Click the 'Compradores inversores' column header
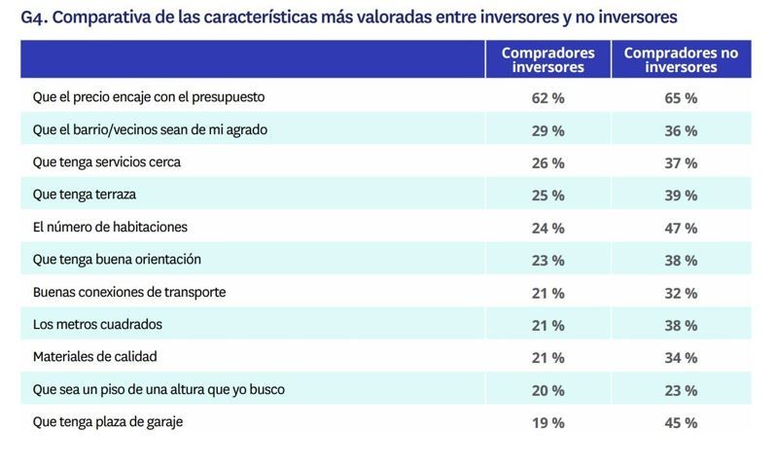coord(547,59)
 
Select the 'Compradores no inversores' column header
coord(680,59)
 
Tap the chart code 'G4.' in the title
coord(35,18)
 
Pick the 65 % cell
coord(680,98)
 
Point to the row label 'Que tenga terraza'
coord(84,195)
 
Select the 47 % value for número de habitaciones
coord(680,228)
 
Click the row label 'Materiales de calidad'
coord(94,357)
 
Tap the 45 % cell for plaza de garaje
coord(680,422)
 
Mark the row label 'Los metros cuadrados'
coord(97,324)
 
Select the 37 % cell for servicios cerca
coord(680,162)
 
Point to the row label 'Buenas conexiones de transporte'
coord(128,292)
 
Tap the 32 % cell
coord(680,293)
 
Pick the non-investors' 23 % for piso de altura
coord(680,390)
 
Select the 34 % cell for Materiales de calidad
coord(680,357)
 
